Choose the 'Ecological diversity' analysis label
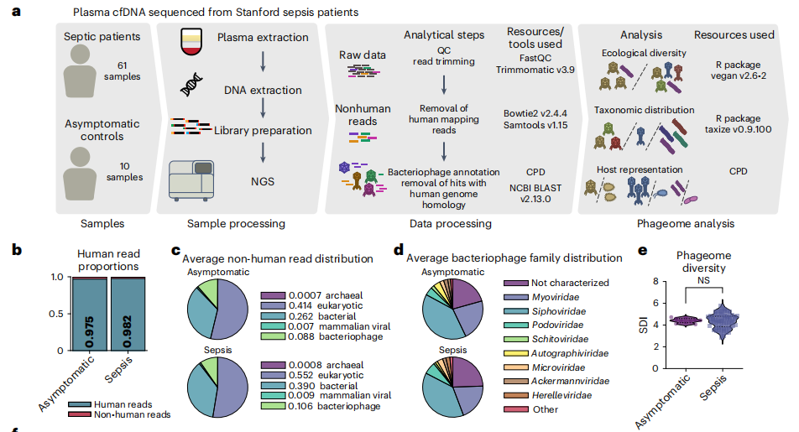(x=644, y=53)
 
